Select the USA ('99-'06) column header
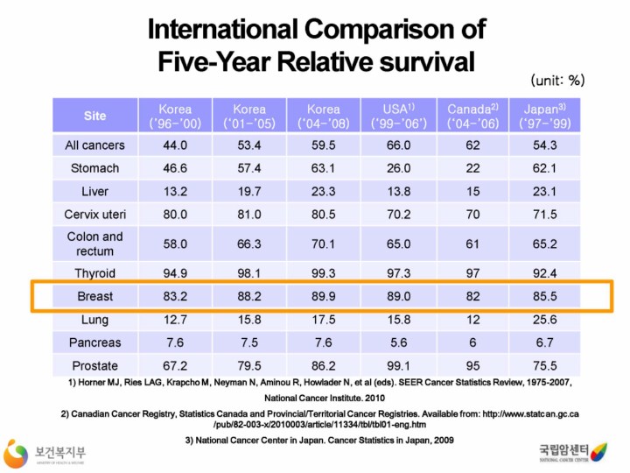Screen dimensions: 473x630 tap(398, 116)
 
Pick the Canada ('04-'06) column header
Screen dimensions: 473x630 tap(472, 116)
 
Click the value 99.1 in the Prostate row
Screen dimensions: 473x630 tap(398, 364)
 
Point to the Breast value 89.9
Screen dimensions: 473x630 tap(324, 297)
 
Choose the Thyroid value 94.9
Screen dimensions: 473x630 tap(175, 273)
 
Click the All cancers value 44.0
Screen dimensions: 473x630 tap(175, 145)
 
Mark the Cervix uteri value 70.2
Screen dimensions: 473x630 tap(398, 213)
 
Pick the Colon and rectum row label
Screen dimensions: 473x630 tap(94, 244)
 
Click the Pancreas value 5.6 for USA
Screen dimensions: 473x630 tap(398, 342)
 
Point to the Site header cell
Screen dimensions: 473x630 tap(94, 116)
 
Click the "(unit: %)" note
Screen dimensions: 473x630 tap(557, 81)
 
